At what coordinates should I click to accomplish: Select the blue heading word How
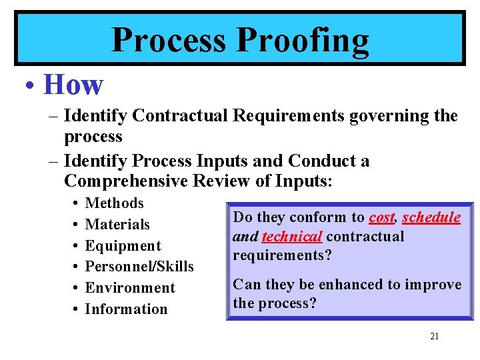click(x=73, y=85)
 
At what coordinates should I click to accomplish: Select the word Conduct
click(x=323, y=161)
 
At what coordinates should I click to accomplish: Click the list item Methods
click(x=115, y=203)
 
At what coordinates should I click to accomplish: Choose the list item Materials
click(x=117, y=225)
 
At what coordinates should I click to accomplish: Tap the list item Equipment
click(x=123, y=246)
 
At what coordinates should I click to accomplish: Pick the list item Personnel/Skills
click(x=139, y=267)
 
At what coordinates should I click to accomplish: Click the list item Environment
click(x=130, y=288)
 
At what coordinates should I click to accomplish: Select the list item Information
click(x=127, y=309)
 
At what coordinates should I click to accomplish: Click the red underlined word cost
click(x=382, y=217)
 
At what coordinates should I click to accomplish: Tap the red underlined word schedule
click(x=431, y=217)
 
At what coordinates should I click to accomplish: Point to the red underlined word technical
click(x=292, y=237)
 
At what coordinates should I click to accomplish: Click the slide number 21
click(x=434, y=337)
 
